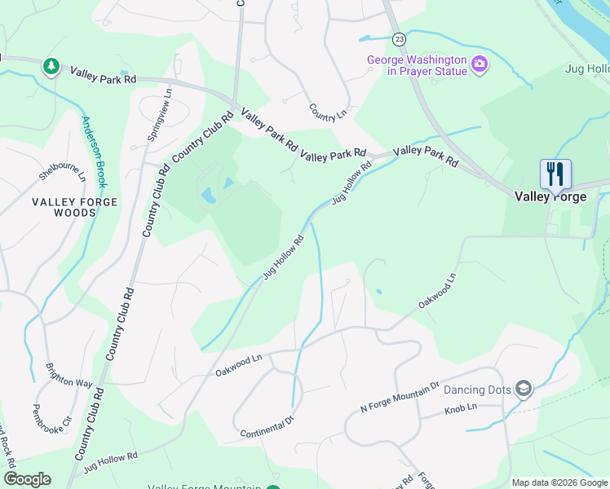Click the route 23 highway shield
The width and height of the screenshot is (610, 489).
(398, 38)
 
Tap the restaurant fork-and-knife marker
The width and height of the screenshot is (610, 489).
(555, 174)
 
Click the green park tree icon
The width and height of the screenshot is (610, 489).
(51, 65)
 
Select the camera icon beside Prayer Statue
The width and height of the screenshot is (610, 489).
(480, 64)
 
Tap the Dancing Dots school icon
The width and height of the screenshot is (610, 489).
(524, 390)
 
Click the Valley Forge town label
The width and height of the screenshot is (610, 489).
(550, 196)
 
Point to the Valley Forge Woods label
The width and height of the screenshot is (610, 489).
(75, 207)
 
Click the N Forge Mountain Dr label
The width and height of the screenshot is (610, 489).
(400, 396)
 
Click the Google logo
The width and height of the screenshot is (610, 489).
(27, 479)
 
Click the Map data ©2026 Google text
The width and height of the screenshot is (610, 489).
(559, 482)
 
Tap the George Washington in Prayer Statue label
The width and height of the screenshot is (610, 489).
(417, 65)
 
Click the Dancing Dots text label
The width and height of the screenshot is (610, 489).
(477, 390)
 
